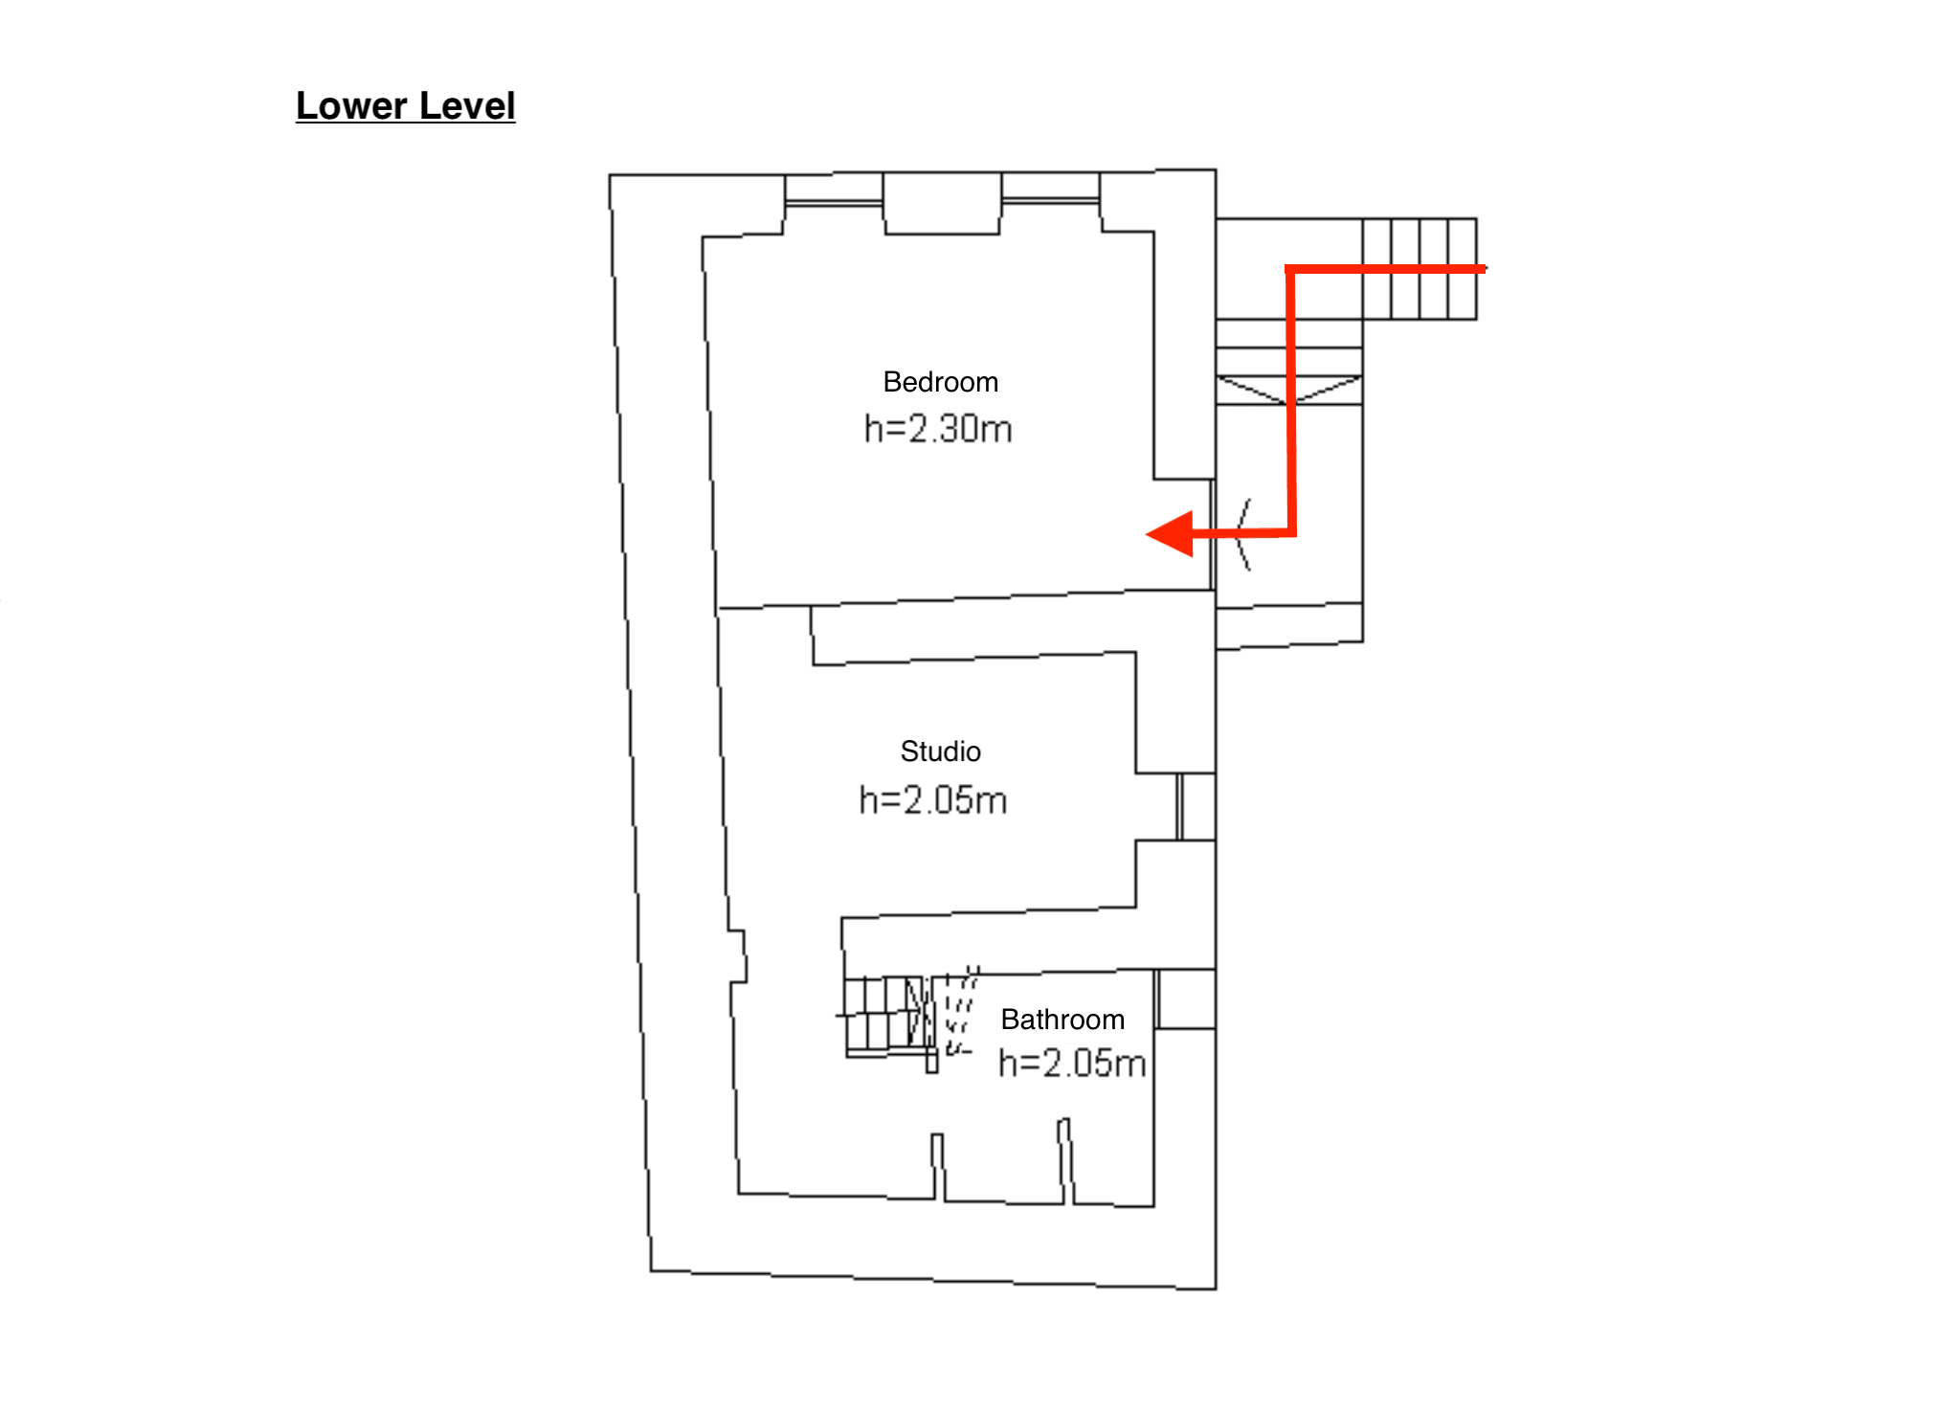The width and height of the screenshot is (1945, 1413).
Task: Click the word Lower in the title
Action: coord(351,105)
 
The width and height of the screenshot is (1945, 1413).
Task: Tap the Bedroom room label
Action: coord(940,382)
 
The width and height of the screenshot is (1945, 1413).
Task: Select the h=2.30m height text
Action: coord(938,429)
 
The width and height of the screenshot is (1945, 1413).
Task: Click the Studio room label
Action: coord(940,751)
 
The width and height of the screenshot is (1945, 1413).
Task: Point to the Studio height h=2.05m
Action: coord(933,799)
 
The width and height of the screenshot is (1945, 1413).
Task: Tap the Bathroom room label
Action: coord(1062,1020)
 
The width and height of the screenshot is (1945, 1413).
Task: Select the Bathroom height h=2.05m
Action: coord(1072,1064)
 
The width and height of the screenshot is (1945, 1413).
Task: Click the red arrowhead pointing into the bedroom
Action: coord(1171,533)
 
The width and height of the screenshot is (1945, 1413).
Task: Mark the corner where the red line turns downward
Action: coord(1290,270)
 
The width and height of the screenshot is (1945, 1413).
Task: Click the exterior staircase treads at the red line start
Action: coord(1420,269)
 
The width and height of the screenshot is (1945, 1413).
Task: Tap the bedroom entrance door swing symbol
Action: coord(1241,534)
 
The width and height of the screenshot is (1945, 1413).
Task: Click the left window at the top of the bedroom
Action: coord(834,202)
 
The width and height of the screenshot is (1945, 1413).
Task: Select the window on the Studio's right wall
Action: coord(1180,807)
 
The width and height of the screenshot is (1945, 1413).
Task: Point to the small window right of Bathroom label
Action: coord(1156,999)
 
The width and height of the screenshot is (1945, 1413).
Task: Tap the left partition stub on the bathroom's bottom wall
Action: coord(938,1167)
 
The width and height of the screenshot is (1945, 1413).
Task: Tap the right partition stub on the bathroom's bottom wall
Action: coord(1065,1160)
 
